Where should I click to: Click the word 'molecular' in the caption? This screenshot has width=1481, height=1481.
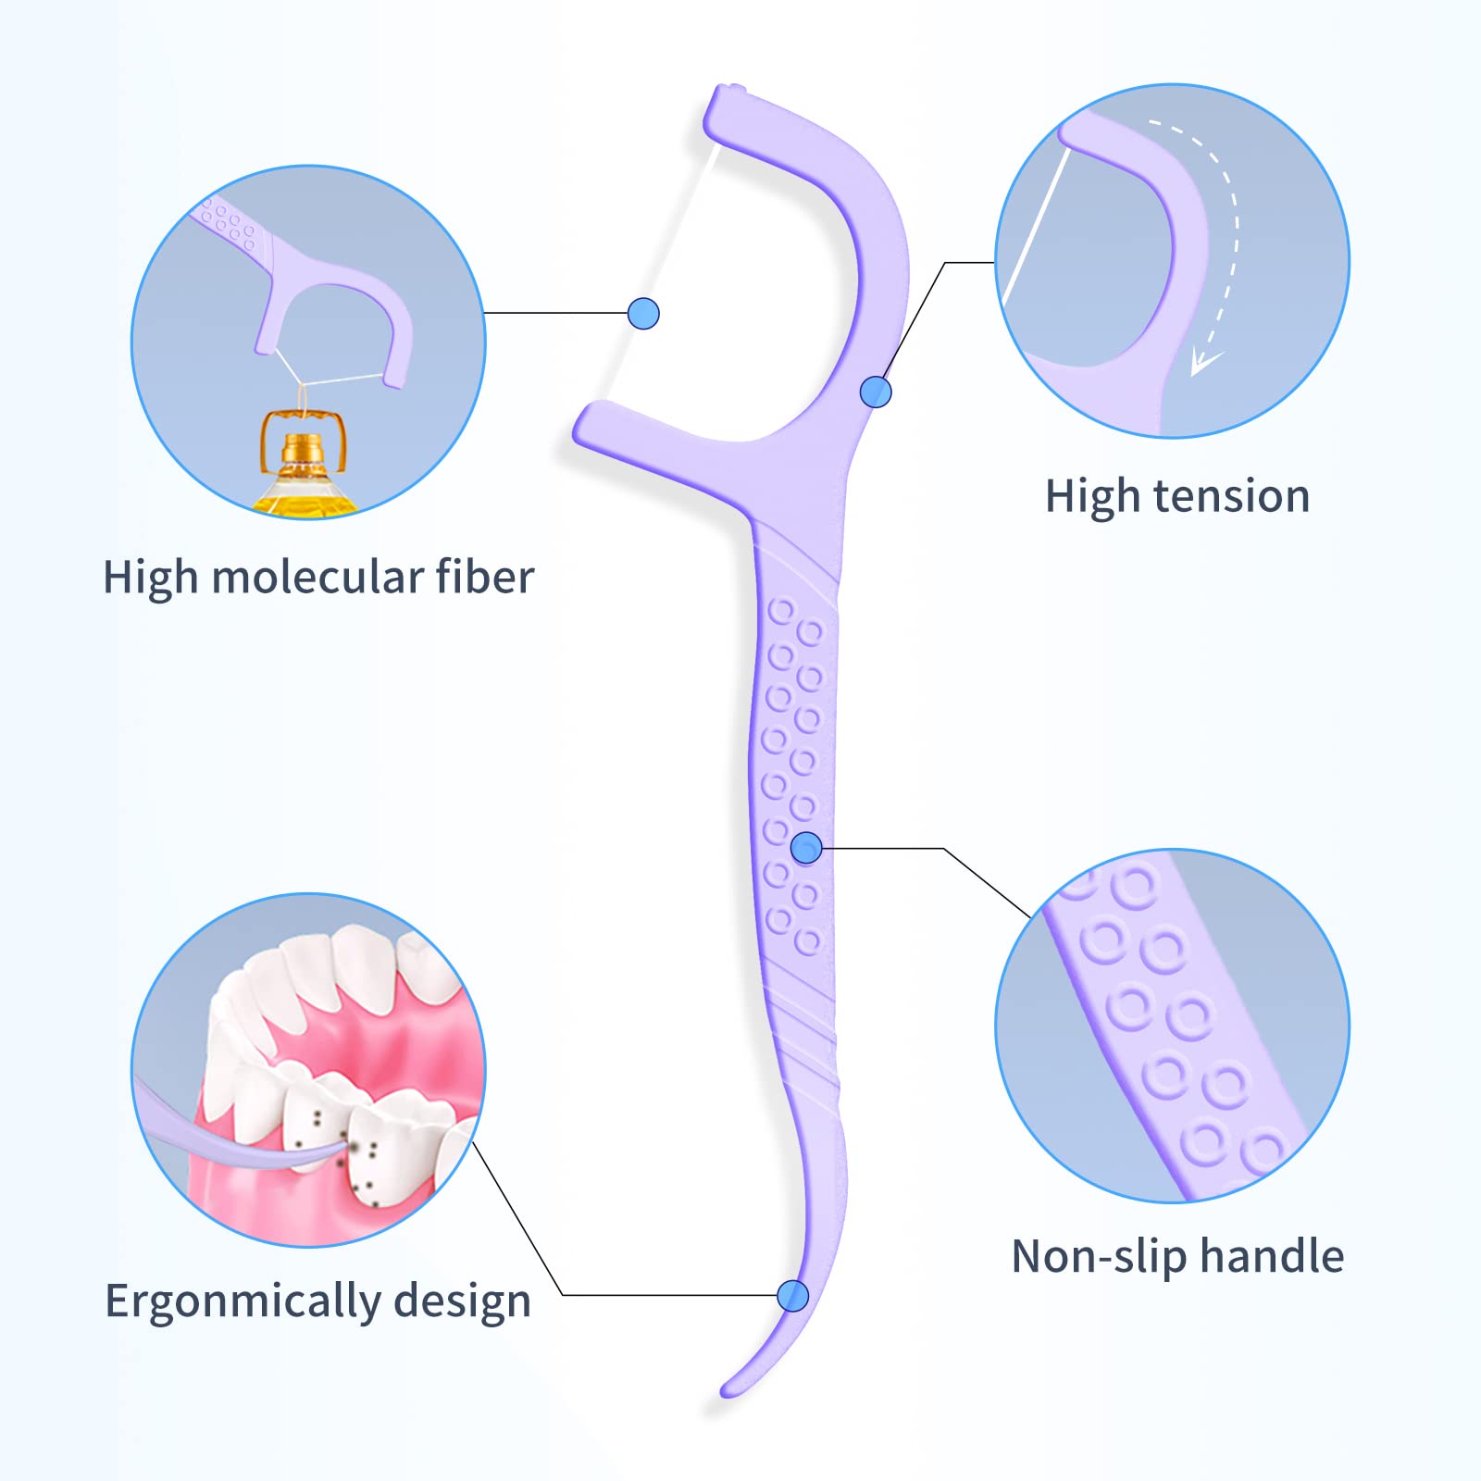(x=317, y=578)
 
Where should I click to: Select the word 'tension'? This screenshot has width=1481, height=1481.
(x=1231, y=496)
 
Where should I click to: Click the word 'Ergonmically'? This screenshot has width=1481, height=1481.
(x=242, y=1301)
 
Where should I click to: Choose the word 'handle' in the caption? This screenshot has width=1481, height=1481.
(x=1272, y=1256)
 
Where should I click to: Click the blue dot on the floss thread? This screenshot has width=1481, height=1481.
(x=643, y=314)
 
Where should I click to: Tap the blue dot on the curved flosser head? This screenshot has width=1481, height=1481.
(x=876, y=392)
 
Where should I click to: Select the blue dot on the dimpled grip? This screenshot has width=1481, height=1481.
(x=807, y=847)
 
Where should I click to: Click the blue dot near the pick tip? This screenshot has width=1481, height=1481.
(x=793, y=1296)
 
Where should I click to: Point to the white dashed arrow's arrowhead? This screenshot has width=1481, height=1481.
(x=1203, y=361)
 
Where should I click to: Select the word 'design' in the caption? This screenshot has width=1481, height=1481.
(x=462, y=1301)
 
